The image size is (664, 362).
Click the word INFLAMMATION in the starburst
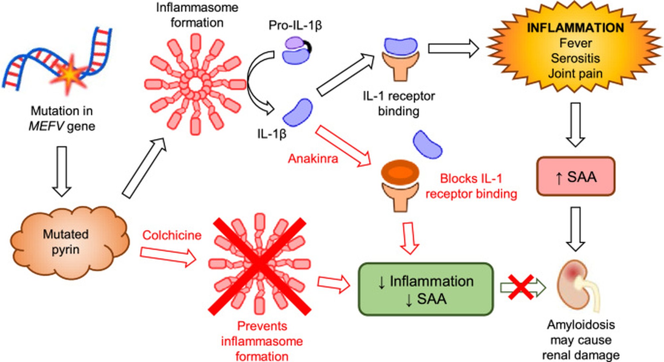[575, 28]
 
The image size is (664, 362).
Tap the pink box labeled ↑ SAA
[576, 176]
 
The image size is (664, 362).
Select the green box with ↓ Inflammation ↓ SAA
[426, 289]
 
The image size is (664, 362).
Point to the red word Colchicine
[172, 235]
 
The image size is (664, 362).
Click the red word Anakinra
[313, 159]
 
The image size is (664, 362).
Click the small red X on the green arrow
[521, 287]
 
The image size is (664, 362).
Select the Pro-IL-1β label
[295, 26]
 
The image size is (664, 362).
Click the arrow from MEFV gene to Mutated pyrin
[62, 171]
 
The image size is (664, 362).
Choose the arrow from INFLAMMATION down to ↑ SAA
[575, 124]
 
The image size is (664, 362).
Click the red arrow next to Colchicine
[168, 256]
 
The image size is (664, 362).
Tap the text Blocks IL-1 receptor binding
[471, 186]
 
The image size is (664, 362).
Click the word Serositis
[575, 58]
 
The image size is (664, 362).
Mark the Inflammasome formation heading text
[197, 15]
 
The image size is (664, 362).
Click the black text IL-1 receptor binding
[399, 103]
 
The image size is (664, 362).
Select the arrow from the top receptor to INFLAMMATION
[453, 49]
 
